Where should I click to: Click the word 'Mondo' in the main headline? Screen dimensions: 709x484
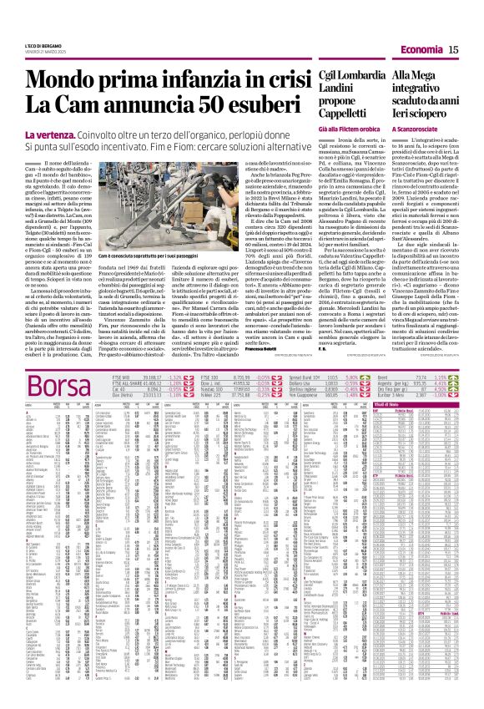(59, 80)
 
